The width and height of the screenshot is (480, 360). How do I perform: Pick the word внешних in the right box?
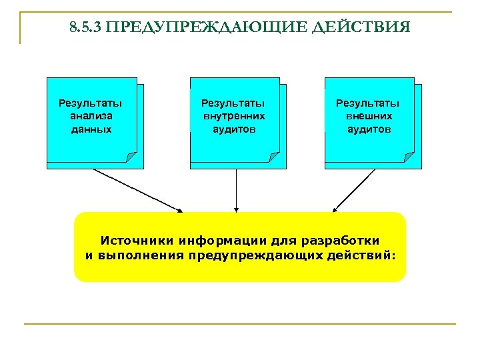tap(368, 116)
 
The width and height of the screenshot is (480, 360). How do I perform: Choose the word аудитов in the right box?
tap(368, 129)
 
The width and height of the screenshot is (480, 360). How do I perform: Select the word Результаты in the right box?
tap(368, 103)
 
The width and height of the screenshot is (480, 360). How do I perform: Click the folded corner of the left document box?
tap(131, 157)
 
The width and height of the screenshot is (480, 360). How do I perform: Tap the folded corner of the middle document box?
tap(273, 157)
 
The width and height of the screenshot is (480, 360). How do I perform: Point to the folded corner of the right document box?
tap(408, 157)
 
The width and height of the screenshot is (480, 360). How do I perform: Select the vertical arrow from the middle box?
tap(236, 190)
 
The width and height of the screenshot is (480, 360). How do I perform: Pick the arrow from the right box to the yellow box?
tap(354, 190)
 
